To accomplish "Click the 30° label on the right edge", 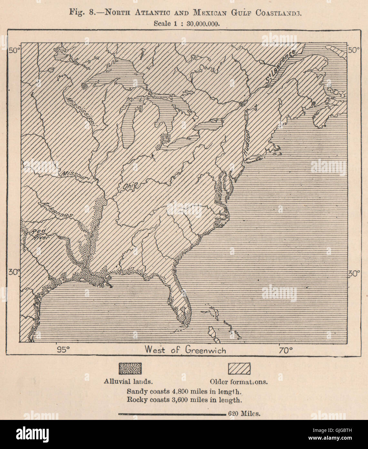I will [x=353, y=274].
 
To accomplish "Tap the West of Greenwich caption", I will [x=185, y=350].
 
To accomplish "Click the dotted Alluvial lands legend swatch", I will [x=130, y=368].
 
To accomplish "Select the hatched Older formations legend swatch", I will [x=239, y=368].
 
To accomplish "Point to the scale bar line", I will [x=172, y=414].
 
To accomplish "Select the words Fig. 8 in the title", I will [x=78, y=13].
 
